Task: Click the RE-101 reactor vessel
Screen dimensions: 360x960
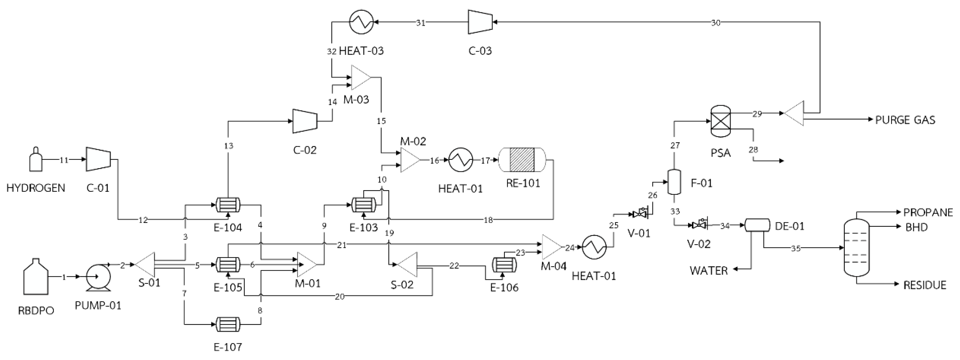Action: pyautogui.click(x=522, y=160)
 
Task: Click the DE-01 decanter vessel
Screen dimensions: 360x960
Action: pyautogui.click(x=757, y=225)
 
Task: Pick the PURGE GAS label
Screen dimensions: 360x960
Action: pyautogui.click(x=905, y=120)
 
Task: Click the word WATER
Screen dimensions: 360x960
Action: pyautogui.click(x=709, y=271)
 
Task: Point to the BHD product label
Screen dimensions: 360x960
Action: pyautogui.click(x=916, y=227)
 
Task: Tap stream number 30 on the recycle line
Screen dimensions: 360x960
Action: pyautogui.click(x=716, y=23)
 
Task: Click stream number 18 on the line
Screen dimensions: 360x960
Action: pyautogui.click(x=488, y=220)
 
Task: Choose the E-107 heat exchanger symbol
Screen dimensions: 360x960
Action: pyautogui.click(x=228, y=324)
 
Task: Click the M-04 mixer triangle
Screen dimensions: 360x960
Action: pyautogui.click(x=551, y=247)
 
